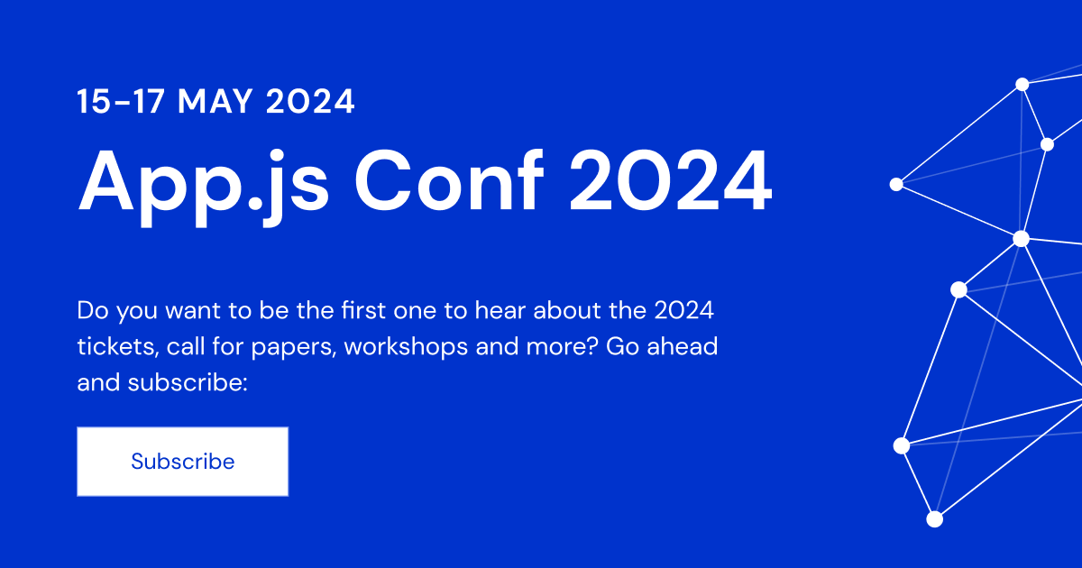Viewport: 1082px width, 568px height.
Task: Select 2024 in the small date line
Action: pos(311,101)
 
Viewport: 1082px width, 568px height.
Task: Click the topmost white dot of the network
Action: pos(1022,84)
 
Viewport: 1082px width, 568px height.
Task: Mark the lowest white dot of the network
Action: pos(935,518)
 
